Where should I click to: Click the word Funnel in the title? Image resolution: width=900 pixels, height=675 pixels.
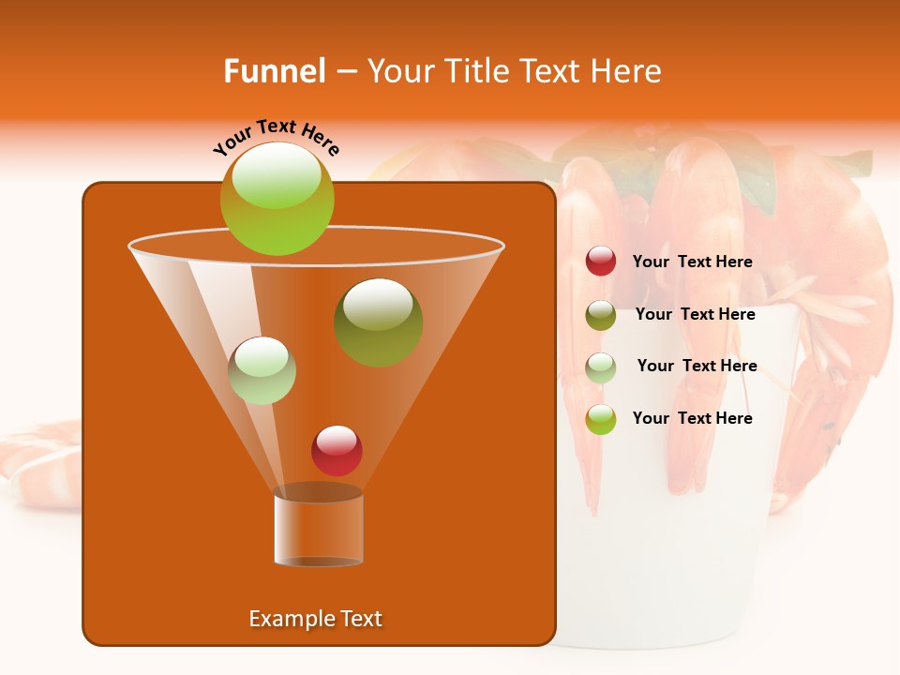click(x=275, y=71)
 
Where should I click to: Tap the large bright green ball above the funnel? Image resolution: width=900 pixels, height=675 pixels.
click(x=277, y=199)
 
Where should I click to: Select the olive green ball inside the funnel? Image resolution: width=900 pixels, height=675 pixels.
click(x=378, y=322)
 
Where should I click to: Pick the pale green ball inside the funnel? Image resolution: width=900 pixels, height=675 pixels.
click(x=262, y=370)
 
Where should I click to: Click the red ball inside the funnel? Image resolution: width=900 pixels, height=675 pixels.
click(x=337, y=450)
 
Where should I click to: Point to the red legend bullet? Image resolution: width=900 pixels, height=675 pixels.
click(x=601, y=262)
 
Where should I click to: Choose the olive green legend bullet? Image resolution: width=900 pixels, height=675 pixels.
click(x=601, y=315)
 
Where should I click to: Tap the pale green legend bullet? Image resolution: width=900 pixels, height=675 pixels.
click(x=601, y=367)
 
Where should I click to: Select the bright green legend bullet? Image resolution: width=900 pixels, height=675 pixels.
click(x=601, y=419)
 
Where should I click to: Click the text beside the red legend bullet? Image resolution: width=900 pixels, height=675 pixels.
click(x=692, y=262)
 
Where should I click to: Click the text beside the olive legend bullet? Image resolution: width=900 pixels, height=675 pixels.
click(x=695, y=314)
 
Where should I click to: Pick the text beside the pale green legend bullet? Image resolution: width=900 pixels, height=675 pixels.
click(x=697, y=366)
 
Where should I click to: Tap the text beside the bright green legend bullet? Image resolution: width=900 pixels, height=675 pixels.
click(x=692, y=418)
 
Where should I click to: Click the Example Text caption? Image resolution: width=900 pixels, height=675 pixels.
click(x=315, y=619)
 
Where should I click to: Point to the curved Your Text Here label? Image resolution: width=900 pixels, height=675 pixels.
click(x=276, y=137)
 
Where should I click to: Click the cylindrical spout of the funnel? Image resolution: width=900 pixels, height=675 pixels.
click(x=318, y=530)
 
